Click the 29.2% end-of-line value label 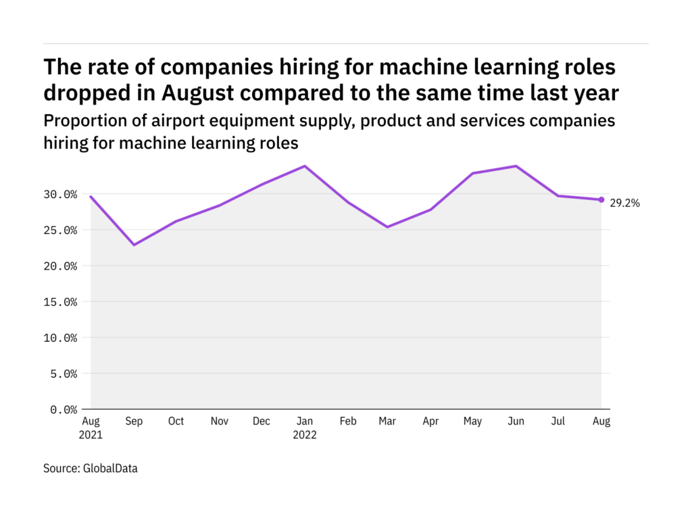pos(626,202)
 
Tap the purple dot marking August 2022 pos(601,199)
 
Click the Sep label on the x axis pos(133,422)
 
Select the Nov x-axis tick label pos(218,422)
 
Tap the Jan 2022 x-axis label pos(304,428)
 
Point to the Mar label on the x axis pos(388,422)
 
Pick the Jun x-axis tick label pos(516,422)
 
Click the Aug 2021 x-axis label pos(91,428)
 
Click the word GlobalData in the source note pos(110,468)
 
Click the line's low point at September pos(133,245)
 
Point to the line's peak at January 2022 pos(304,166)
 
